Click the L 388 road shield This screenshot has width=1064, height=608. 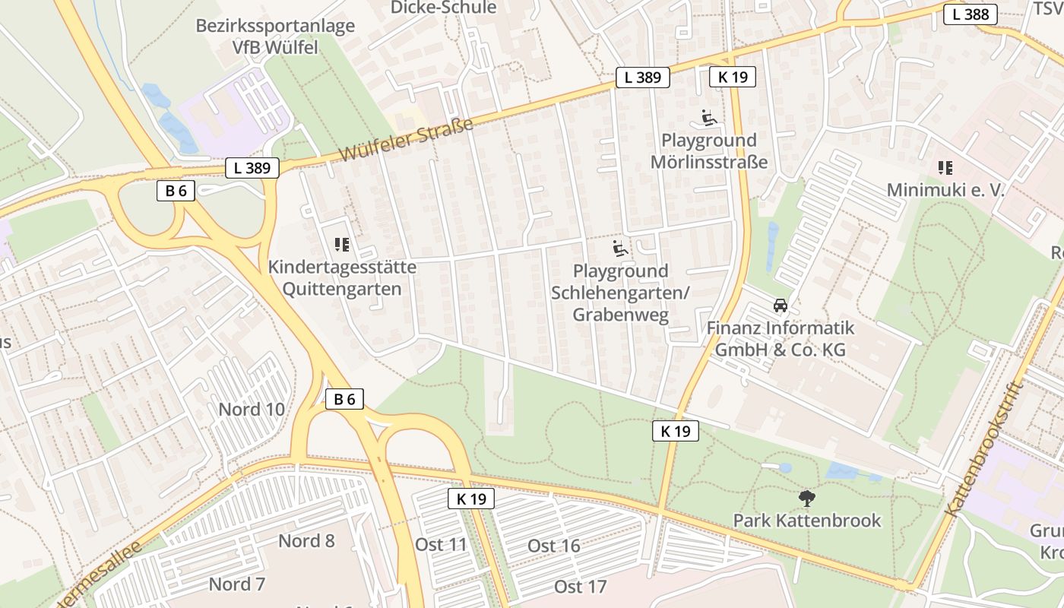[x=971, y=14]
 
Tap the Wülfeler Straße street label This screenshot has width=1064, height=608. [x=406, y=140]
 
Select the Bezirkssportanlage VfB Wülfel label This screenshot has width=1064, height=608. [x=275, y=36]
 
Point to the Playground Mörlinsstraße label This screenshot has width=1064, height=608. [x=709, y=151]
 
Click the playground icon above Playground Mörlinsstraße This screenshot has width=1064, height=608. [x=709, y=118]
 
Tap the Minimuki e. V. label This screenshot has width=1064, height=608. [x=945, y=190]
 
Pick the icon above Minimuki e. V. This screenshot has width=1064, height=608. [x=945, y=167]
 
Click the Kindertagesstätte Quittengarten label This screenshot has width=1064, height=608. [x=342, y=278]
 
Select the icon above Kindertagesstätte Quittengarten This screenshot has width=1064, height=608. [x=342, y=244]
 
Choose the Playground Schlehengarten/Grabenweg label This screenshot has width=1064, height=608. [x=620, y=293]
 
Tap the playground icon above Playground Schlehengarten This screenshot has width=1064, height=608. [x=621, y=248]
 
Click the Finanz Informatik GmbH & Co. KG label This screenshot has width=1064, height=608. [x=780, y=339]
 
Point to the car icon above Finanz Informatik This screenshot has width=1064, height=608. [x=780, y=306]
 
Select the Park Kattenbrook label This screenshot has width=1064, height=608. [x=807, y=521]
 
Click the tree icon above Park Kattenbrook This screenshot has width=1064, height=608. [x=807, y=499]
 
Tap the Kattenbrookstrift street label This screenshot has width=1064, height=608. [x=984, y=449]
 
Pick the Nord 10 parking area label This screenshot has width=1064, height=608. [x=252, y=410]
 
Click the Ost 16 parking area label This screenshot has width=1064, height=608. [x=554, y=546]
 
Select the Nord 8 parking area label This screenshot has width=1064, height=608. [x=306, y=541]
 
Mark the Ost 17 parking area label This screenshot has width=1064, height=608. [x=581, y=586]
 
